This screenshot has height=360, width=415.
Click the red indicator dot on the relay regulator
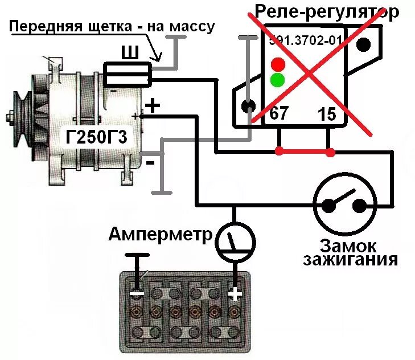point(278,63)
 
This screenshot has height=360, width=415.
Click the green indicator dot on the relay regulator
point(278,79)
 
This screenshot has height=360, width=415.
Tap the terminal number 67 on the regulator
point(278,113)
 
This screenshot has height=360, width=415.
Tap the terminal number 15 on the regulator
point(327,113)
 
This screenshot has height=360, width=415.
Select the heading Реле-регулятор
point(326,11)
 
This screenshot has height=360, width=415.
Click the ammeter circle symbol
point(234,242)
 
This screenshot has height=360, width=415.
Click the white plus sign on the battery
point(235,294)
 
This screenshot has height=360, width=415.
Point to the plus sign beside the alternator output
point(152,105)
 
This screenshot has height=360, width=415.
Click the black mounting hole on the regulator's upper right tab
point(364,44)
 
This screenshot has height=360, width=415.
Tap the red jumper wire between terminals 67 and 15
point(305,152)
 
